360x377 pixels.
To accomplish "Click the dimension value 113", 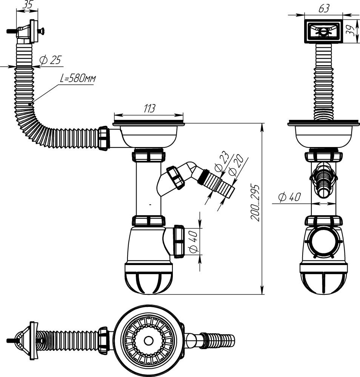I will coord(149,109).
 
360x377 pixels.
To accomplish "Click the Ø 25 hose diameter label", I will coord(50,60).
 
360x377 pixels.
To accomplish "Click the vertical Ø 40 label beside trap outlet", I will coord(193,242).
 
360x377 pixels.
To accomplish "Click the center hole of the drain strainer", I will coord(149,341).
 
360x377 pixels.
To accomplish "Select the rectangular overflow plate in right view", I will coord(323,32).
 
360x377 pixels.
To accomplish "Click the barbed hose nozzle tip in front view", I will coord(228,190).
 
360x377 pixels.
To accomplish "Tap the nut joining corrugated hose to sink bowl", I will coord(103,139).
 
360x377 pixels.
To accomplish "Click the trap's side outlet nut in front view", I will coord(178,241).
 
